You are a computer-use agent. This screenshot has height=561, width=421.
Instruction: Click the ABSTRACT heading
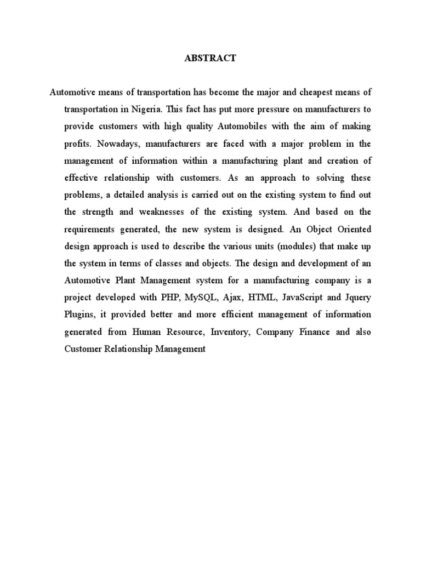click(211, 58)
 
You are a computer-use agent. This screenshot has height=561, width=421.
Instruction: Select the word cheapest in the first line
click(309, 91)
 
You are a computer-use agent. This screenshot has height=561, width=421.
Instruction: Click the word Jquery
click(357, 297)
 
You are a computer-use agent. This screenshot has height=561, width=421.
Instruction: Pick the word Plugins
click(79, 314)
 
